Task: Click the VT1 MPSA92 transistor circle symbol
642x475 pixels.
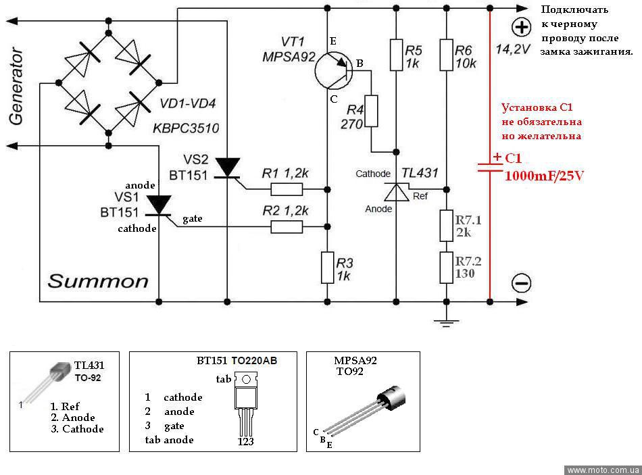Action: [x=334, y=70]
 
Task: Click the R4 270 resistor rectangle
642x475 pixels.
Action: [x=372, y=112]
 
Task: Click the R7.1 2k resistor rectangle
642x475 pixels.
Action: [x=445, y=226]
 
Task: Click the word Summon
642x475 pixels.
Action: [x=97, y=281]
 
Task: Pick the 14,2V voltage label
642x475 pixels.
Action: [x=513, y=49]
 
